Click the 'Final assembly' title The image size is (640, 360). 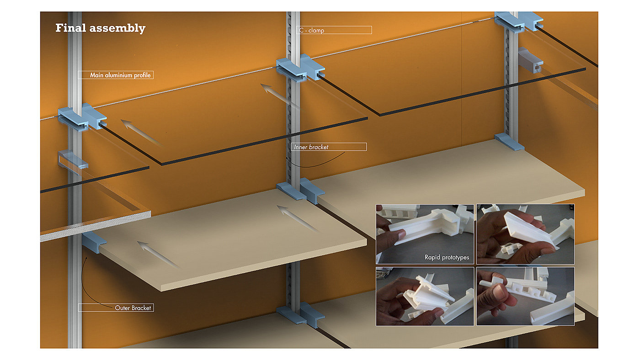(100, 28)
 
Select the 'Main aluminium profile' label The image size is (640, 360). (116, 75)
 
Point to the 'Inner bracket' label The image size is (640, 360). (329, 147)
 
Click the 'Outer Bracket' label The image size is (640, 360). (116, 307)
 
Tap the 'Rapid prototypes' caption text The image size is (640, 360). (447, 257)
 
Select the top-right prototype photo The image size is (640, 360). (525, 234)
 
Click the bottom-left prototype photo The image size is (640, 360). (425, 296)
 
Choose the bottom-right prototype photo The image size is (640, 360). (525, 296)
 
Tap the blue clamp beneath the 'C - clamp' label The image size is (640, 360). (300, 68)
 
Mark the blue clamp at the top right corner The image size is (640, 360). (519, 21)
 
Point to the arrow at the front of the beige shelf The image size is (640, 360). (159, 254)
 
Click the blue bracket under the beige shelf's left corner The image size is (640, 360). (94, 243)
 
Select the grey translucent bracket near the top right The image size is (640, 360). (530, 60)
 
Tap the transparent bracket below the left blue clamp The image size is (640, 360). (73, 159)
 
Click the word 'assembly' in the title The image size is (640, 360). (117, 28)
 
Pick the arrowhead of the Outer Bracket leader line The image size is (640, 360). (86, 259)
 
